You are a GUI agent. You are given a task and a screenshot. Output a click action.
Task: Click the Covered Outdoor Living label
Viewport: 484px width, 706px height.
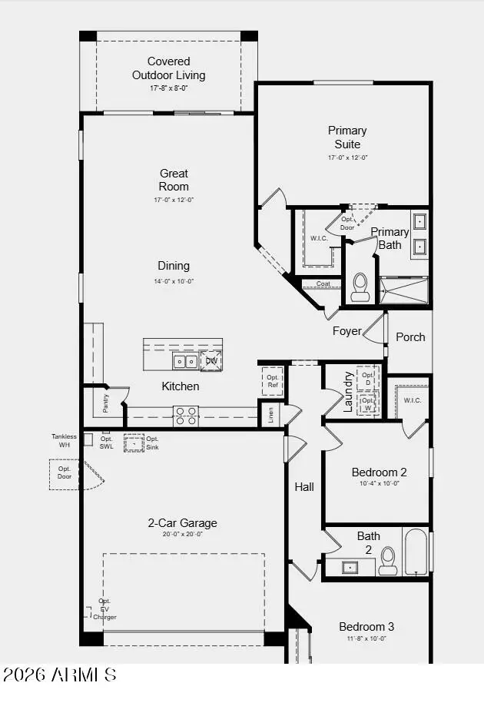(168, 68)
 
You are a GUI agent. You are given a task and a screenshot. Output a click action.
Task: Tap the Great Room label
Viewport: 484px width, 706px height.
(174, 180)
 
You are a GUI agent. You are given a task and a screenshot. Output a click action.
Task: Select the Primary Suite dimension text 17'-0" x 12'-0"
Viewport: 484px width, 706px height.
(347, 157)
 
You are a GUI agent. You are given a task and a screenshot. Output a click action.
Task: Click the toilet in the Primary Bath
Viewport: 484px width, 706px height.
(360, 286)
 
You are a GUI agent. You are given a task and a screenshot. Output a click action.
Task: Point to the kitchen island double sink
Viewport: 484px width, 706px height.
(184, 361)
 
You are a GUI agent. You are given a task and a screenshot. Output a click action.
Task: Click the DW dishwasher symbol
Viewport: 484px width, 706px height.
(211, 360)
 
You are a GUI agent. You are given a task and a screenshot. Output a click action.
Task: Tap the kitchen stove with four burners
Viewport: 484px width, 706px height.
(185, 416)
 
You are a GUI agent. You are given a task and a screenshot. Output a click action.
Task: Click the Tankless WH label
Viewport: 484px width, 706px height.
(65, 441)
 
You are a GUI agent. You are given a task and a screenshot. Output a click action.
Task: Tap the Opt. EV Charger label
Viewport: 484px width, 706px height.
(104, 608)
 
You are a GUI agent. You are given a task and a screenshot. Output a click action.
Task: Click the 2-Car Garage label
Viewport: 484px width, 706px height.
(182, 523)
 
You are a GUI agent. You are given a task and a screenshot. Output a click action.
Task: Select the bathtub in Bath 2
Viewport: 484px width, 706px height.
(416, 551)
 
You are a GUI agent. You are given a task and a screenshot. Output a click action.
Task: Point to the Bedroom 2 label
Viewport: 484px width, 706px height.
(379, 472)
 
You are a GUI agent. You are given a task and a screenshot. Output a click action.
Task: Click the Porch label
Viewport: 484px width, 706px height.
(410, 337)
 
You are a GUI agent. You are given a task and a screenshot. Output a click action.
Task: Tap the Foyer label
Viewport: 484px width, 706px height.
(346, 331)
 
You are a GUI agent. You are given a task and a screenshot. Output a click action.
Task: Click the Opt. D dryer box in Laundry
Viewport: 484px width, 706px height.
(368, 378)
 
